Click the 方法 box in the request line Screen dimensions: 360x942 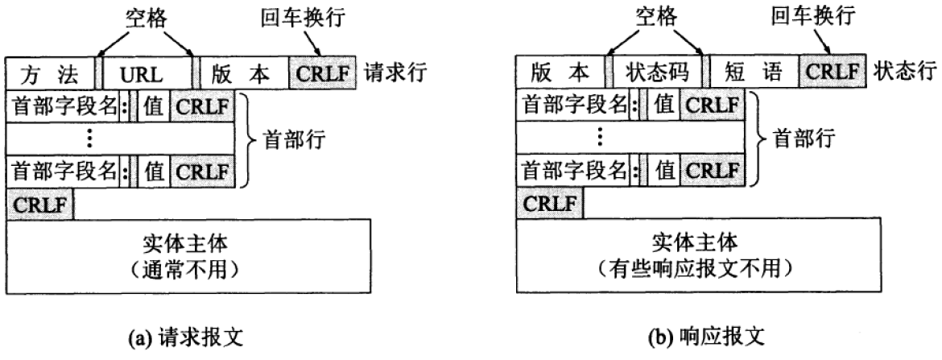tap(50, 74)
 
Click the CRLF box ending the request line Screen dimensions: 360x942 tap(324, 74)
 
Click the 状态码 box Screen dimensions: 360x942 tap(657, 74)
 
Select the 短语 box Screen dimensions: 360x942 tap(752, 74)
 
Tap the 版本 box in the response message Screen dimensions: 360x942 tap(560, 74)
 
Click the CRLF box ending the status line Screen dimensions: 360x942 tap(833, 74)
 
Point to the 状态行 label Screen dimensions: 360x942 tap(903, 73)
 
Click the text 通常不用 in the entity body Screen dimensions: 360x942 tap(188, 265)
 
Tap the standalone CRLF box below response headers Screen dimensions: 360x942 tap(549, 202)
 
